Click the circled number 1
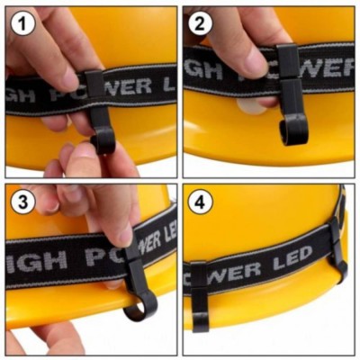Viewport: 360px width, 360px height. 23,24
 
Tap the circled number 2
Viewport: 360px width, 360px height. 200,24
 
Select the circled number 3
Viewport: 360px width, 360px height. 23,202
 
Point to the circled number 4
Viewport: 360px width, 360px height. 200,202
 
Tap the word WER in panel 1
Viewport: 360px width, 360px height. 130,86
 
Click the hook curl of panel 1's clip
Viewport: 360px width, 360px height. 103,141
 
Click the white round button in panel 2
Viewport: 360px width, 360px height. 251,105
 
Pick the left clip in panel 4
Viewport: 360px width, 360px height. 199,294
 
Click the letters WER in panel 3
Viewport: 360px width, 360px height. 152,240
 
